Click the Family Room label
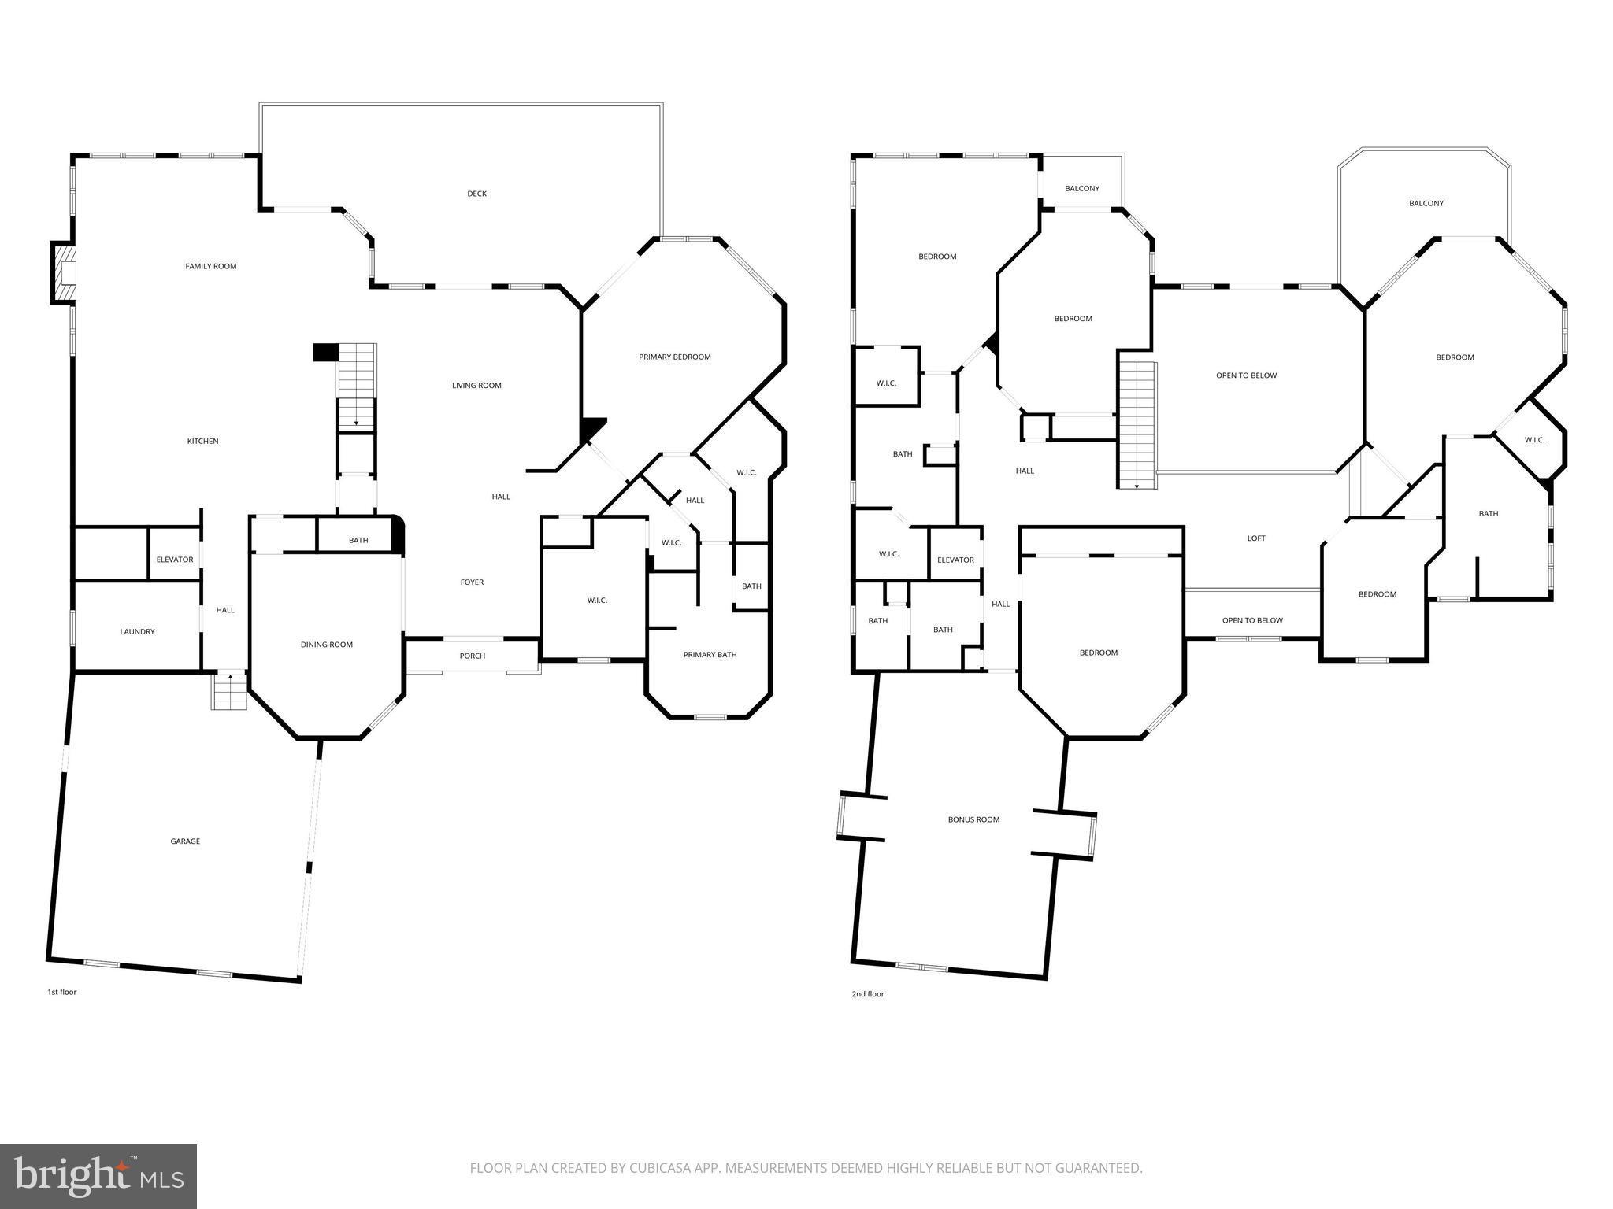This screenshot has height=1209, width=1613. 210,266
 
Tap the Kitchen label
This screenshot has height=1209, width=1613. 202,441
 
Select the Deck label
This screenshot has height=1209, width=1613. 476,194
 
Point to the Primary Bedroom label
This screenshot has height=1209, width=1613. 674,357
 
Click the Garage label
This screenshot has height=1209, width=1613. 185,841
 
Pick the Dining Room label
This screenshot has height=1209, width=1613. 326,645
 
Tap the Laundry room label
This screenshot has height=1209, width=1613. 137,631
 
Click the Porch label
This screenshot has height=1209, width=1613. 472,656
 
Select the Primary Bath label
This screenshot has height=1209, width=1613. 710,654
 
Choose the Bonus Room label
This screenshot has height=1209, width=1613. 973,819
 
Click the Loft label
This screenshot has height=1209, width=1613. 1255,538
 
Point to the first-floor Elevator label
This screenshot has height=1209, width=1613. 174,560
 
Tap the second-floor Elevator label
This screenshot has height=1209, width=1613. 955,560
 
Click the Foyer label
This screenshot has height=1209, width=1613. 472,582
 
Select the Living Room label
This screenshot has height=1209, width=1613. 476,386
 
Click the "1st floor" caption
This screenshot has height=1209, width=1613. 61,992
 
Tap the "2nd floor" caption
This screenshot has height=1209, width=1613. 867,994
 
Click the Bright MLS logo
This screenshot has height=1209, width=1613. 98,1176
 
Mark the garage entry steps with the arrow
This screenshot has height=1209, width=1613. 228,691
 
